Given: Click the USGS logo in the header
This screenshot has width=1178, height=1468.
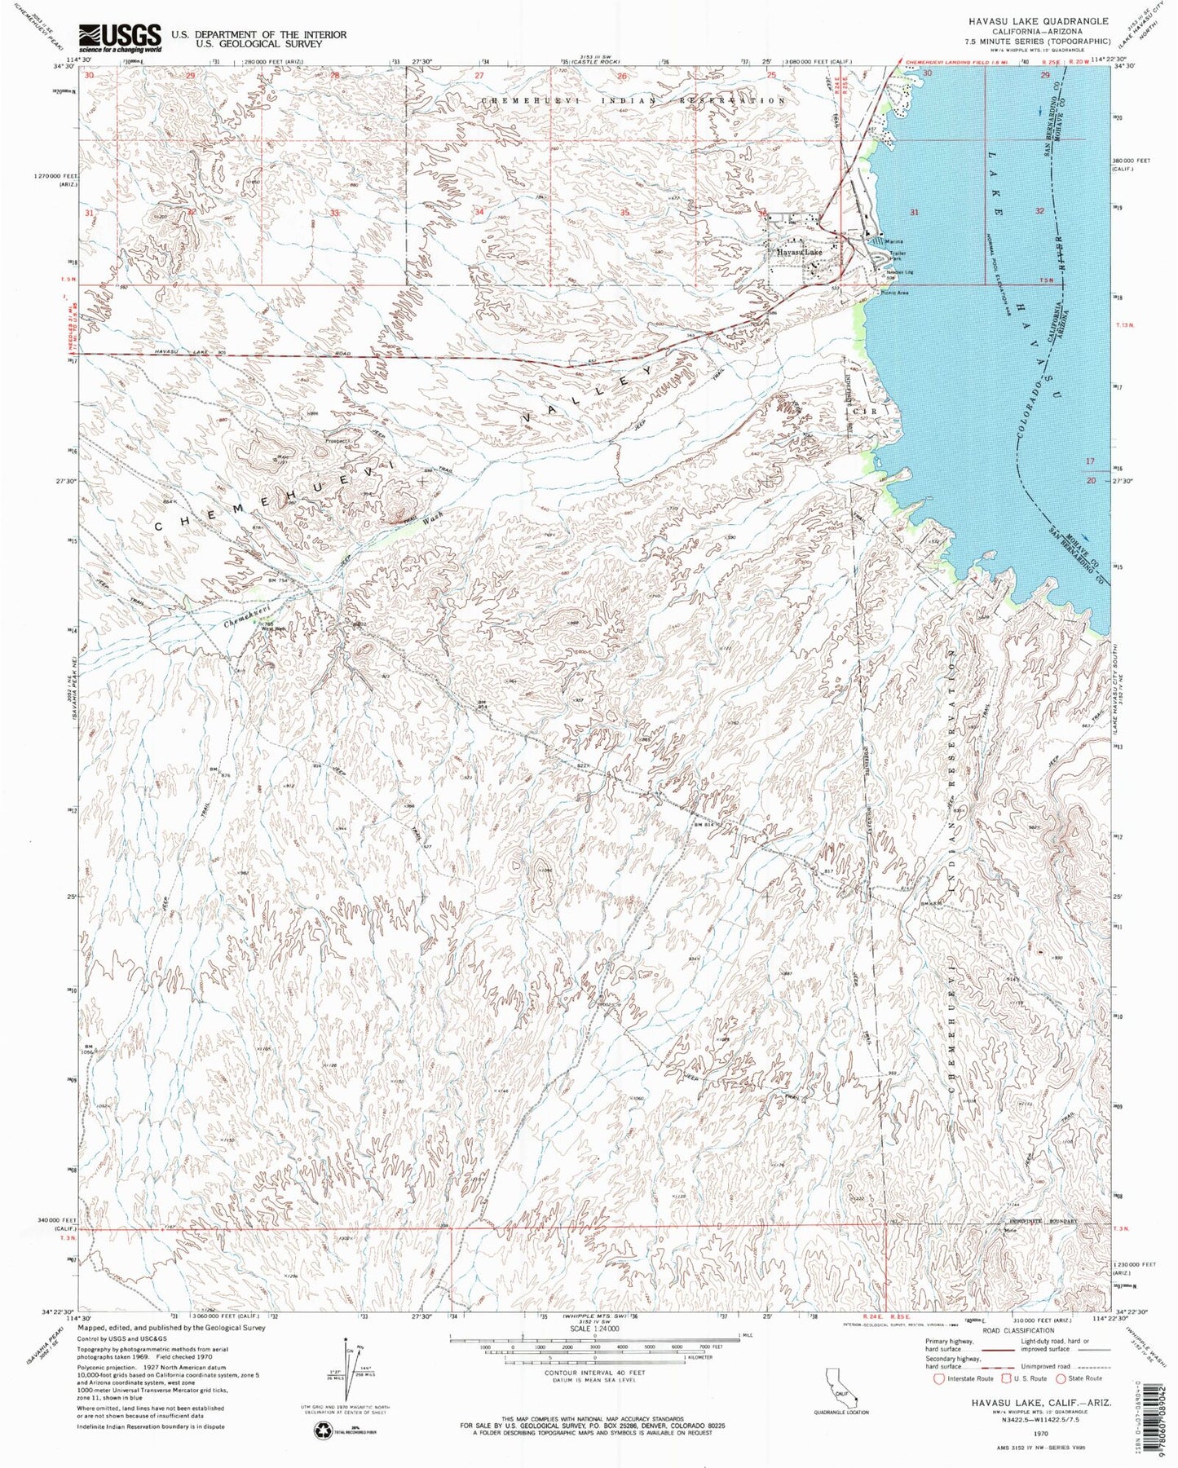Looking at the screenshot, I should click(x=119, y=37).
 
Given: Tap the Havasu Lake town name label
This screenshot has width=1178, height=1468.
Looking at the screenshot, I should click(x=799, y=253).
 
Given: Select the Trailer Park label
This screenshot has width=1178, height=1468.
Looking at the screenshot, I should click(x=898, y=257).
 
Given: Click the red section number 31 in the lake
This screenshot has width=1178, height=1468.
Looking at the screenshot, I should click(x=915, y=213).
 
